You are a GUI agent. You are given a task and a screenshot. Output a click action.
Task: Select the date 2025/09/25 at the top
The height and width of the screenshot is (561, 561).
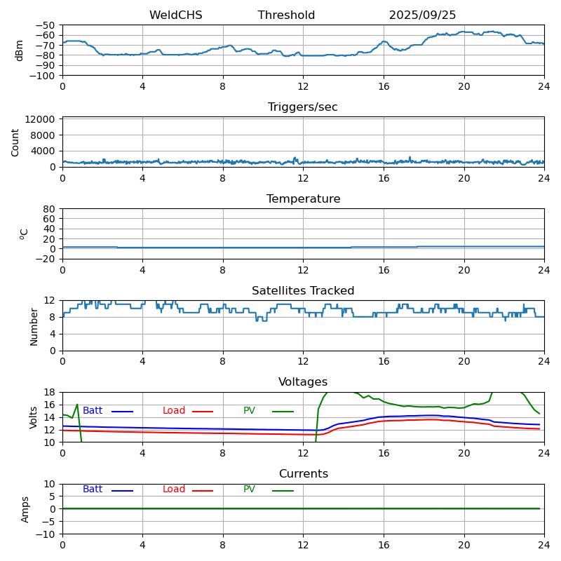point(422,15)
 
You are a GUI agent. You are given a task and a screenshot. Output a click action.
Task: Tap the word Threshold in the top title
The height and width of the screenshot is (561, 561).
point(286,15)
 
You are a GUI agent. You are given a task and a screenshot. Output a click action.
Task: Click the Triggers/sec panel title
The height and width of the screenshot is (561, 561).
point(303,107)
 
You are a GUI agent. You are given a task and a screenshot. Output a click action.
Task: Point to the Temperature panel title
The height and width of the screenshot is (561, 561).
point(303,199)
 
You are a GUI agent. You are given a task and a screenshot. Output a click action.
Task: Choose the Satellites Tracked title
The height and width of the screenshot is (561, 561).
point(303,291)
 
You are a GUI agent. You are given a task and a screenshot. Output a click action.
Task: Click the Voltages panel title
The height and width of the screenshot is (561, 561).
point(303,382)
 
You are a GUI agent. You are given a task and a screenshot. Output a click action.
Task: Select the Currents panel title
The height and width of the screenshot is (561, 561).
point(303,474)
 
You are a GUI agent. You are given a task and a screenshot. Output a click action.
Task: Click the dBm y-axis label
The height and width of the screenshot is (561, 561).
point(20,50)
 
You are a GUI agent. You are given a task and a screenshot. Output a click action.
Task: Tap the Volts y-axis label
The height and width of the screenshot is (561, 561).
point(34,417)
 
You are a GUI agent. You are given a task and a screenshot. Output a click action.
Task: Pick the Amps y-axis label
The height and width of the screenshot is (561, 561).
point(25,509)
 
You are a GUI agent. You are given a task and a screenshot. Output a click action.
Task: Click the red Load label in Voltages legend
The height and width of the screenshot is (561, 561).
point(174,411)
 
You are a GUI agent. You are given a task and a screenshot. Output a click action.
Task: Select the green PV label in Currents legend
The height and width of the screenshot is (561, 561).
point(249,489)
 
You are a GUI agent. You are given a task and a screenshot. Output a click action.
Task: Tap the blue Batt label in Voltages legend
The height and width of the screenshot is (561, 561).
point(93,411)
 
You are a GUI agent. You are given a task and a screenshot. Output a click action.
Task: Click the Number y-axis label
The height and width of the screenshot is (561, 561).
point(34,326)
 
